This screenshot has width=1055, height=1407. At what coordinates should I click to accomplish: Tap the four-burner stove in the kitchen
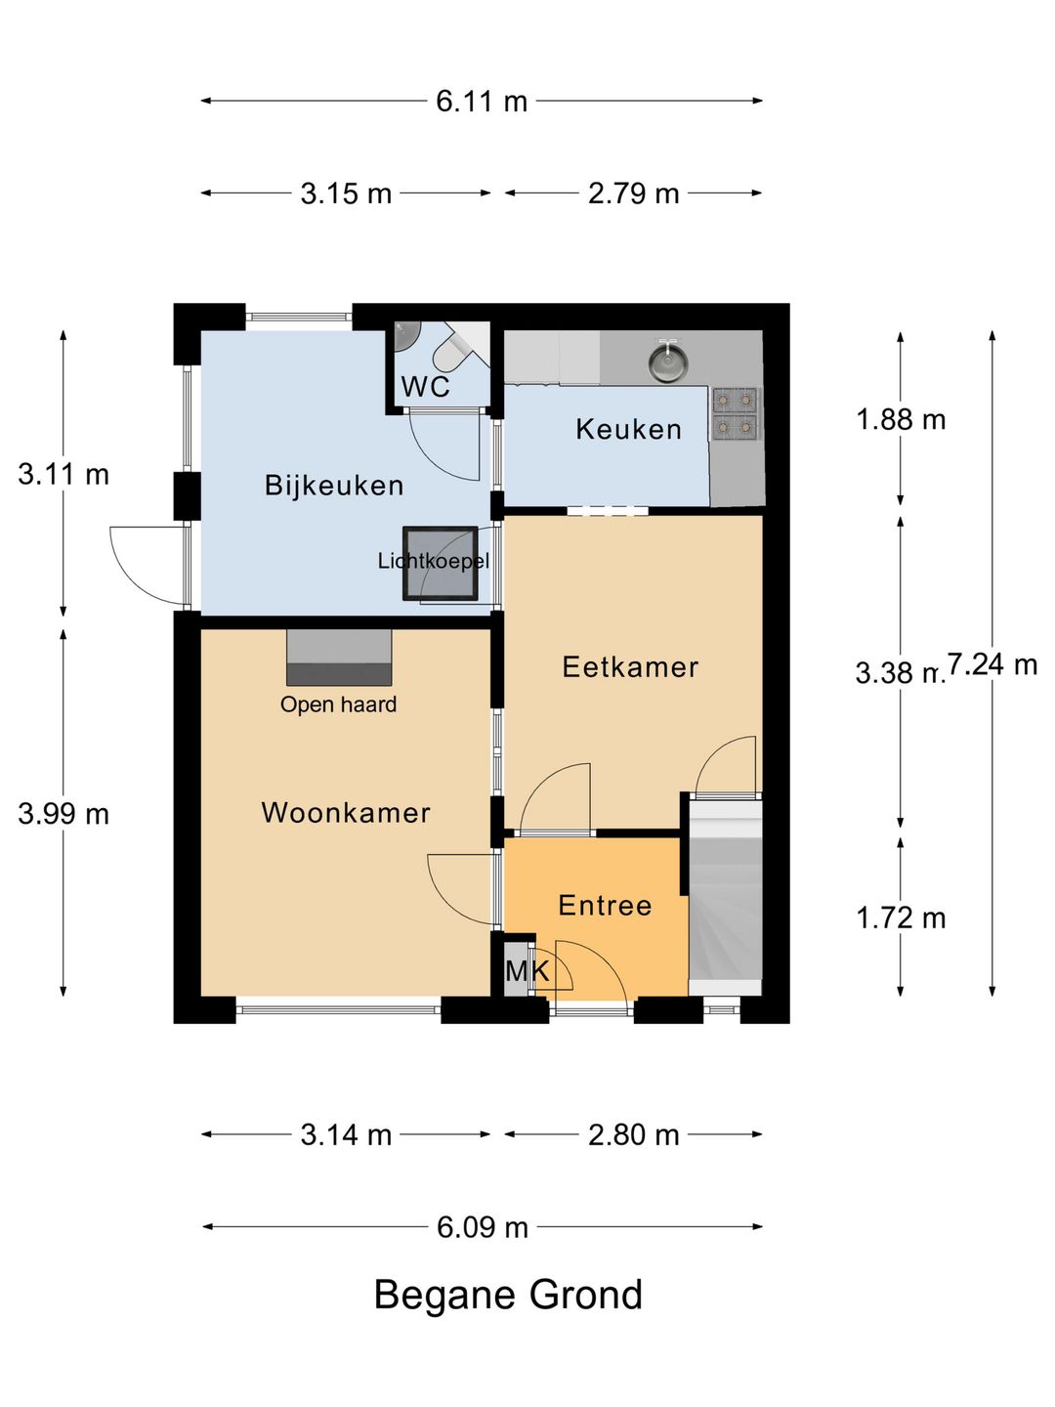click(734, 413)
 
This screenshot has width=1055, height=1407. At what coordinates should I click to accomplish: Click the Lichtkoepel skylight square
click(440, 564)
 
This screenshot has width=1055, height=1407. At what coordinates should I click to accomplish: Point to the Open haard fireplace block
click(339, 657)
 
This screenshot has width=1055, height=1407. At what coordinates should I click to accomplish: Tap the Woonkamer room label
click(346, 814)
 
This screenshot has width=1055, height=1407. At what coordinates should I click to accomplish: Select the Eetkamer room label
click(630, 667)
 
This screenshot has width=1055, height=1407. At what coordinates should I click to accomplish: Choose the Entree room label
click(605, 906)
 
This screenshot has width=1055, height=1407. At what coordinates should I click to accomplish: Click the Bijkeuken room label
click(334, 486)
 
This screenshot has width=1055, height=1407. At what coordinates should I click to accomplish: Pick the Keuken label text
click(628, 429)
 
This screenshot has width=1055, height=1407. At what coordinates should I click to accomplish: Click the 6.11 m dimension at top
click(482, 102)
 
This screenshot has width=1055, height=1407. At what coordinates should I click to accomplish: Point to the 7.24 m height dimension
click(992, 664)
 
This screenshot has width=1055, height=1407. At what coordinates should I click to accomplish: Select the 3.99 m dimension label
click(63, 814)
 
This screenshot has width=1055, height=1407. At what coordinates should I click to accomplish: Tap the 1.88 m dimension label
click(901, 420)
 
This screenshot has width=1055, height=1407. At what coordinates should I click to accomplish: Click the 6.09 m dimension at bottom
click(483, 1227)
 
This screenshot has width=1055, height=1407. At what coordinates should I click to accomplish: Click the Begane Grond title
click(508, 1295)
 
